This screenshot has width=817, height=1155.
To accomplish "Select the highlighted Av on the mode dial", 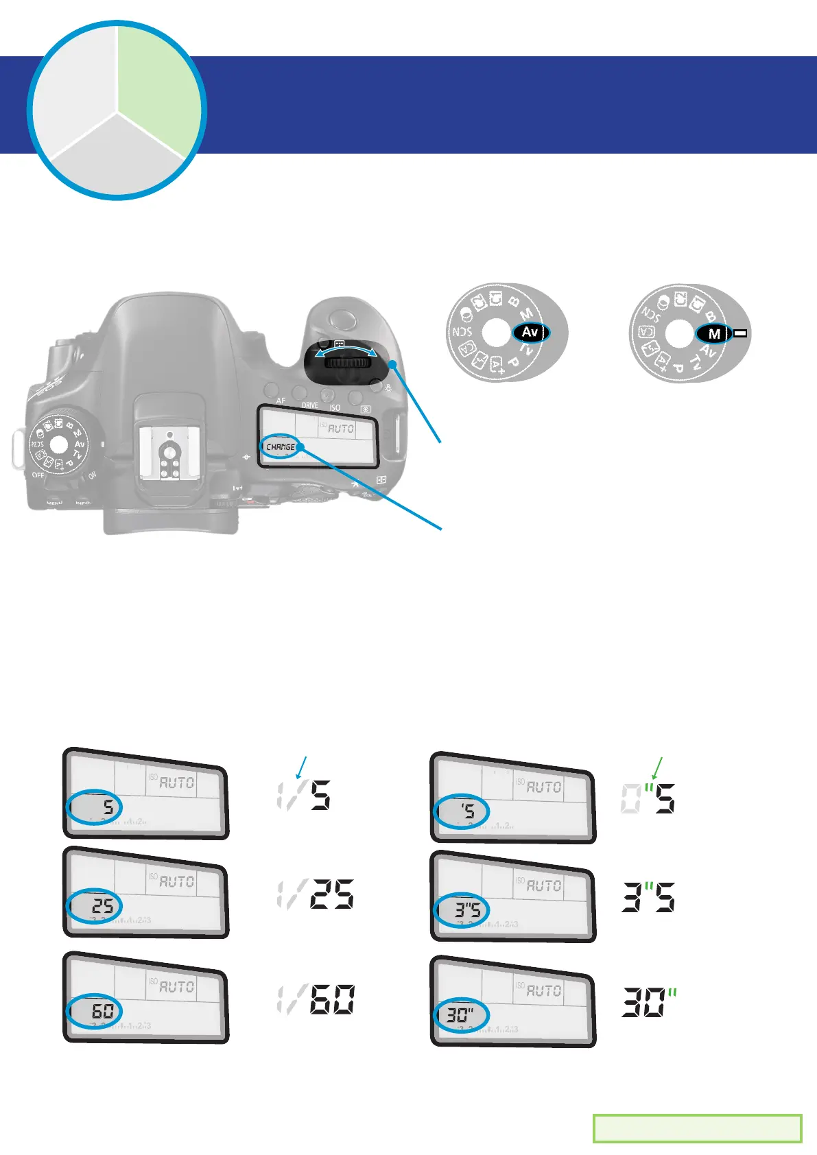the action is tap(530, 333).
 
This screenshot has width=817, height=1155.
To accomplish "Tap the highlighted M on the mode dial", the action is tap(714, 334).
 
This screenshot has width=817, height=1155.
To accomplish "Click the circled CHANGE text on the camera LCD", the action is tap(280, 447).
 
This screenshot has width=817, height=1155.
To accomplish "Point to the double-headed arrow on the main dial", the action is tap(345, 351).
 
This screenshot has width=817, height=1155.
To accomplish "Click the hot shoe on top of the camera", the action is tap(167, 449).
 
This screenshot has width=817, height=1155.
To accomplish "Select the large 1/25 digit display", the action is tap(316, 894).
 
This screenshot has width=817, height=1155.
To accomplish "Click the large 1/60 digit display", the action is tap(316, 999).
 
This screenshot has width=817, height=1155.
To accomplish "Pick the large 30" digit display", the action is tap(649, 1002).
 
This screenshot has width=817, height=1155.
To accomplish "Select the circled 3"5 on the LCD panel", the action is tap(462, 910).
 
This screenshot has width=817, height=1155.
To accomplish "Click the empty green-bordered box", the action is tap(697, 1128).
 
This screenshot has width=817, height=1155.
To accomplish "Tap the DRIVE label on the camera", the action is tap(310, 405).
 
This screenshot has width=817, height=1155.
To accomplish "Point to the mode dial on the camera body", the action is tap(59, 445).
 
